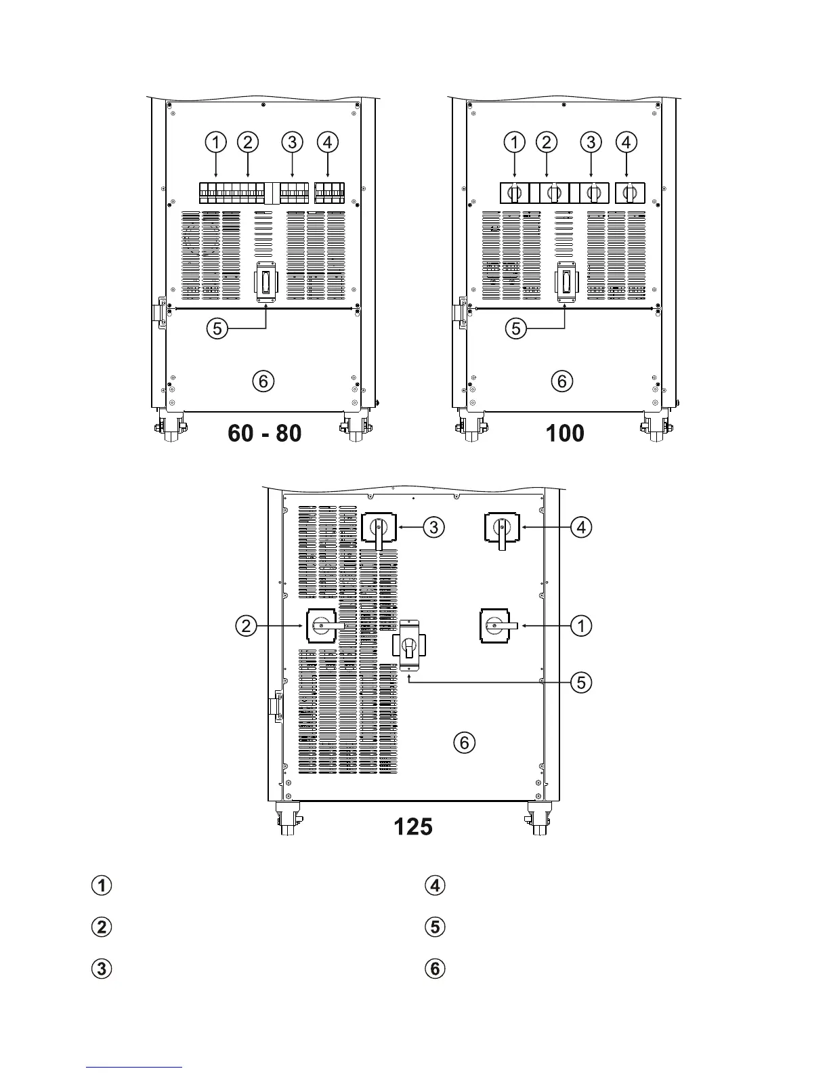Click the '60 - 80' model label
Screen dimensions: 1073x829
coord(265,433)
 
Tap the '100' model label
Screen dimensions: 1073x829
coord(565,433)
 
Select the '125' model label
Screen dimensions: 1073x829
coord(413,826)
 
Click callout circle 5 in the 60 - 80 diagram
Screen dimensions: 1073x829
coord(217,329)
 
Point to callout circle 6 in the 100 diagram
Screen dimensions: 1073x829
coord(561,381)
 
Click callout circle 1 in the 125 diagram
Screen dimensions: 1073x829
coord(581,625)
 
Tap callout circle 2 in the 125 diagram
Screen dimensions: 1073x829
coord(247,625)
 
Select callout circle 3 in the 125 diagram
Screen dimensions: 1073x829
coord(433,526)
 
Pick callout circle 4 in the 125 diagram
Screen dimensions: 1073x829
coord(581,526)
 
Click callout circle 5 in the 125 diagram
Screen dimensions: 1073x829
coord(581,682)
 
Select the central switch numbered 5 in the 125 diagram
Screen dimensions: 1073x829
coord(408,646)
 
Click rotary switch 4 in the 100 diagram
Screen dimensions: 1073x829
coord(629,193)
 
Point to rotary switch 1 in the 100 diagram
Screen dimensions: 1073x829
coord(514,193)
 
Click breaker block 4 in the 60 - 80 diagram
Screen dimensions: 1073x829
coord(330,192)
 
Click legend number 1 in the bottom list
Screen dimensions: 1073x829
coord(102,885)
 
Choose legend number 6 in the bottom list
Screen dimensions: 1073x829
coord(435,969)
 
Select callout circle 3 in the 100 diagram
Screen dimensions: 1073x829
coord(591,142)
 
